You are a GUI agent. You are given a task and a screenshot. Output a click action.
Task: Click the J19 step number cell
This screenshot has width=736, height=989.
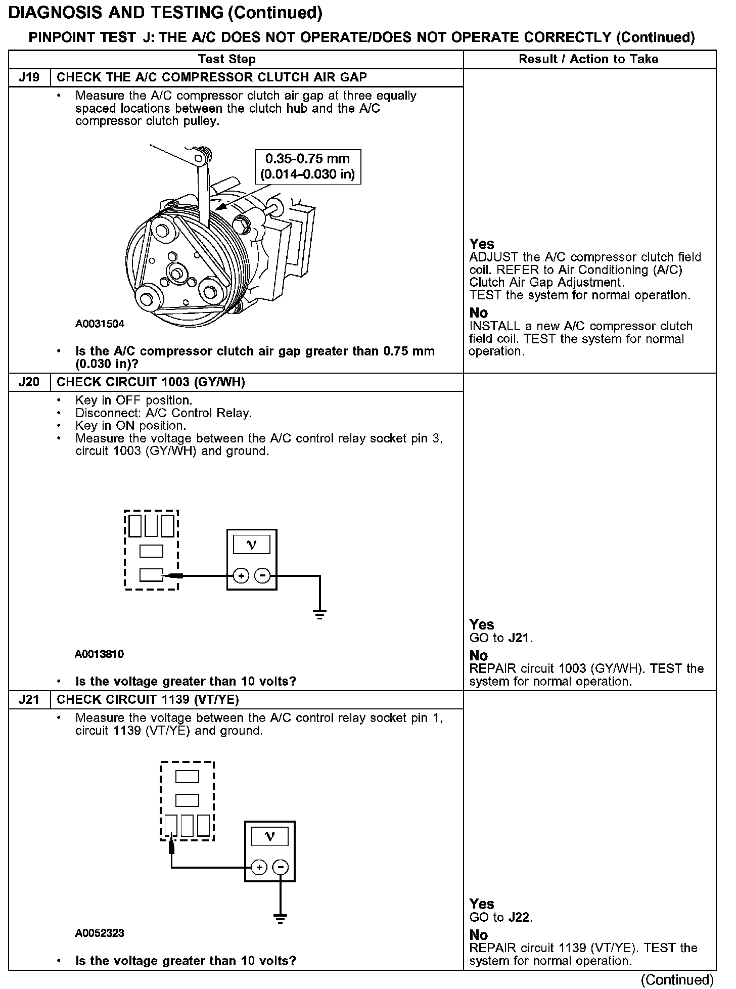[29, 77]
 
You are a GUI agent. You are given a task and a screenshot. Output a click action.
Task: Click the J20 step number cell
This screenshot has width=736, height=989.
[29, 382]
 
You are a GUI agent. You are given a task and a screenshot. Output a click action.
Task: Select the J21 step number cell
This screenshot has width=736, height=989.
[29, 700]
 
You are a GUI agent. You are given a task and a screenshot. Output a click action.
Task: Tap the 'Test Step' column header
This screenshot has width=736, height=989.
[227, 59]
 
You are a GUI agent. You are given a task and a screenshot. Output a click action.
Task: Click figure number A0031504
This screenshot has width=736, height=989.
[100, 324]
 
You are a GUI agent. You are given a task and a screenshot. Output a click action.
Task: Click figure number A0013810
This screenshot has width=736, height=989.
[99, 654]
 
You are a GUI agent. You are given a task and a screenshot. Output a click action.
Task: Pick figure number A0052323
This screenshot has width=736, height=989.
[100, 933]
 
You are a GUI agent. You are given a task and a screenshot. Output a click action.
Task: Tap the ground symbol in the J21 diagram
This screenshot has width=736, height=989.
[280, 919]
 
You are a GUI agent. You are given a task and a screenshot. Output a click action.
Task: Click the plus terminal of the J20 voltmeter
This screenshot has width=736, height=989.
[241, 575]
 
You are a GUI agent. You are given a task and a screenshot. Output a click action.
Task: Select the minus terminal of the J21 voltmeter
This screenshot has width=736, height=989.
[280, 868]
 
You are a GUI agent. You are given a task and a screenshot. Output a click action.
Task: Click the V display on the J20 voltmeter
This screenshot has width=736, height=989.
[251, 545]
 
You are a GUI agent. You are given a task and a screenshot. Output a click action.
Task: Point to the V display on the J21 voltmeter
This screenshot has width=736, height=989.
[269, 837]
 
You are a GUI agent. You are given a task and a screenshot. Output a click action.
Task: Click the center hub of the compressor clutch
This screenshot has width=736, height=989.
[177, 274]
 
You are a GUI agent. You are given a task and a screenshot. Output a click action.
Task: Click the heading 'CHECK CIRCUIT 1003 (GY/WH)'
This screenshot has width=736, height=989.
[151, 382]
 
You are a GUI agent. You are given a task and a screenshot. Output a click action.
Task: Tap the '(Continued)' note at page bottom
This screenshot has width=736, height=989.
[677, 980]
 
